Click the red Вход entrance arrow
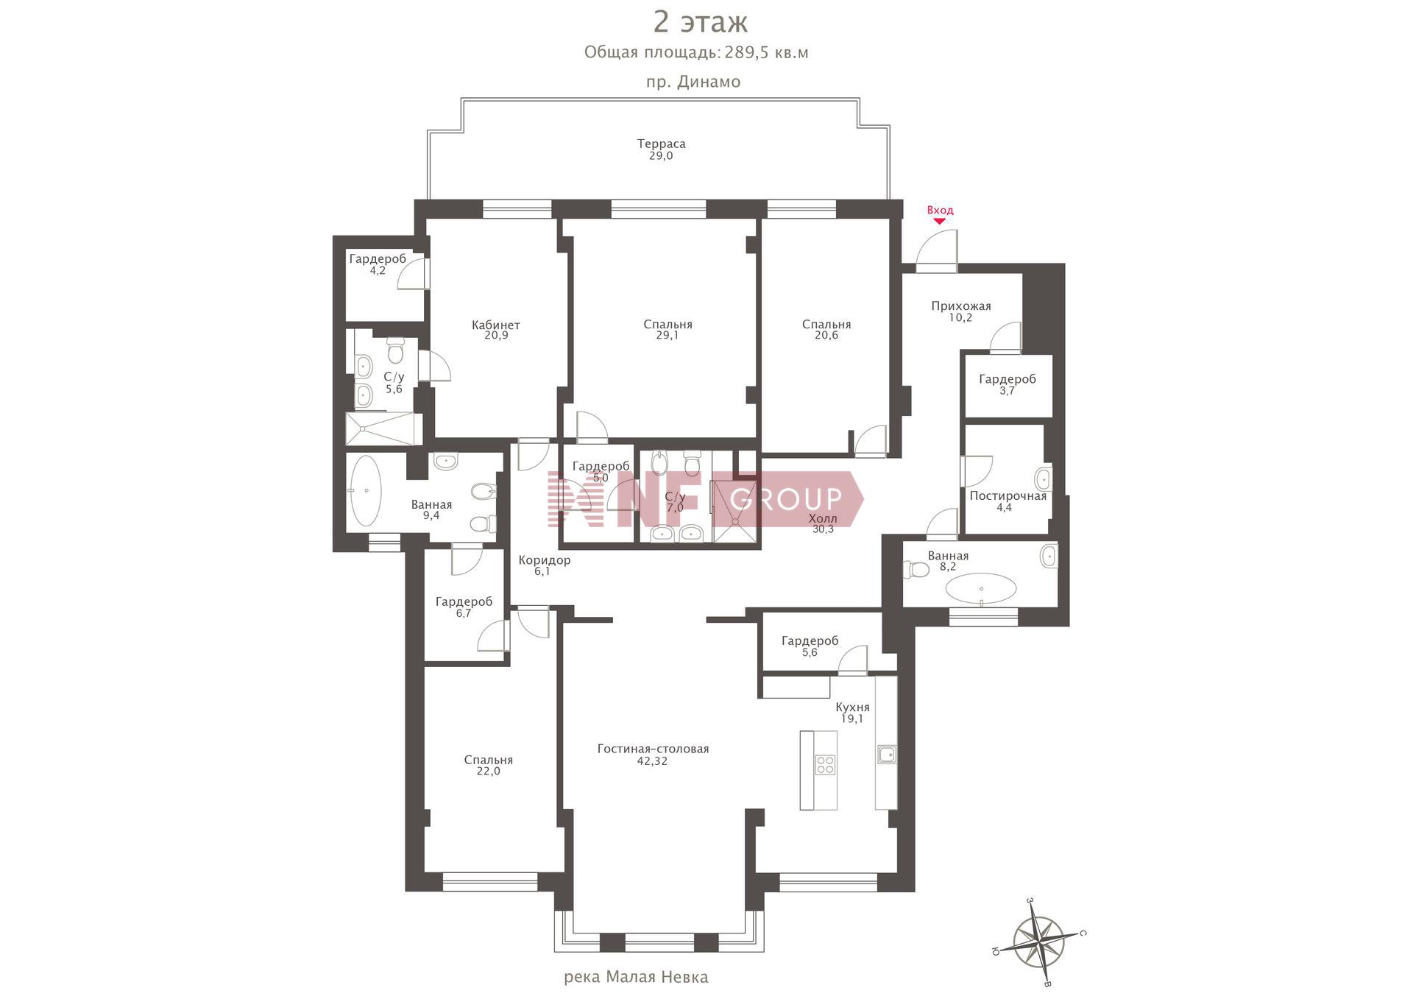[x=940, y=221]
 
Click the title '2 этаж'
[x=701, y=22]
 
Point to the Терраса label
[x=661, y=144]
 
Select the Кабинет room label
[x=495, y=325]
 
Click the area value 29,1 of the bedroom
[x=667, y=336]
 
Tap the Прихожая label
[x=960, y=306]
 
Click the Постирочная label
[x=1007, y=495]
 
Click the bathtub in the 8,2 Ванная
[x=981, y=589]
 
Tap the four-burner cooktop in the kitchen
[x=825, y=765]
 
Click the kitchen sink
[x=886, y=755]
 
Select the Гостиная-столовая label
[x=653, y=749]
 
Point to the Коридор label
[x=544, y=560]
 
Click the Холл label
[x=823, y=518]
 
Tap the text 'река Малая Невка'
[x=636, y=977]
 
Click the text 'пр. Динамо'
[x=693, y=82]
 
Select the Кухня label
[x=852, y=707]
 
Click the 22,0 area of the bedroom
[x=488, y=772]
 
